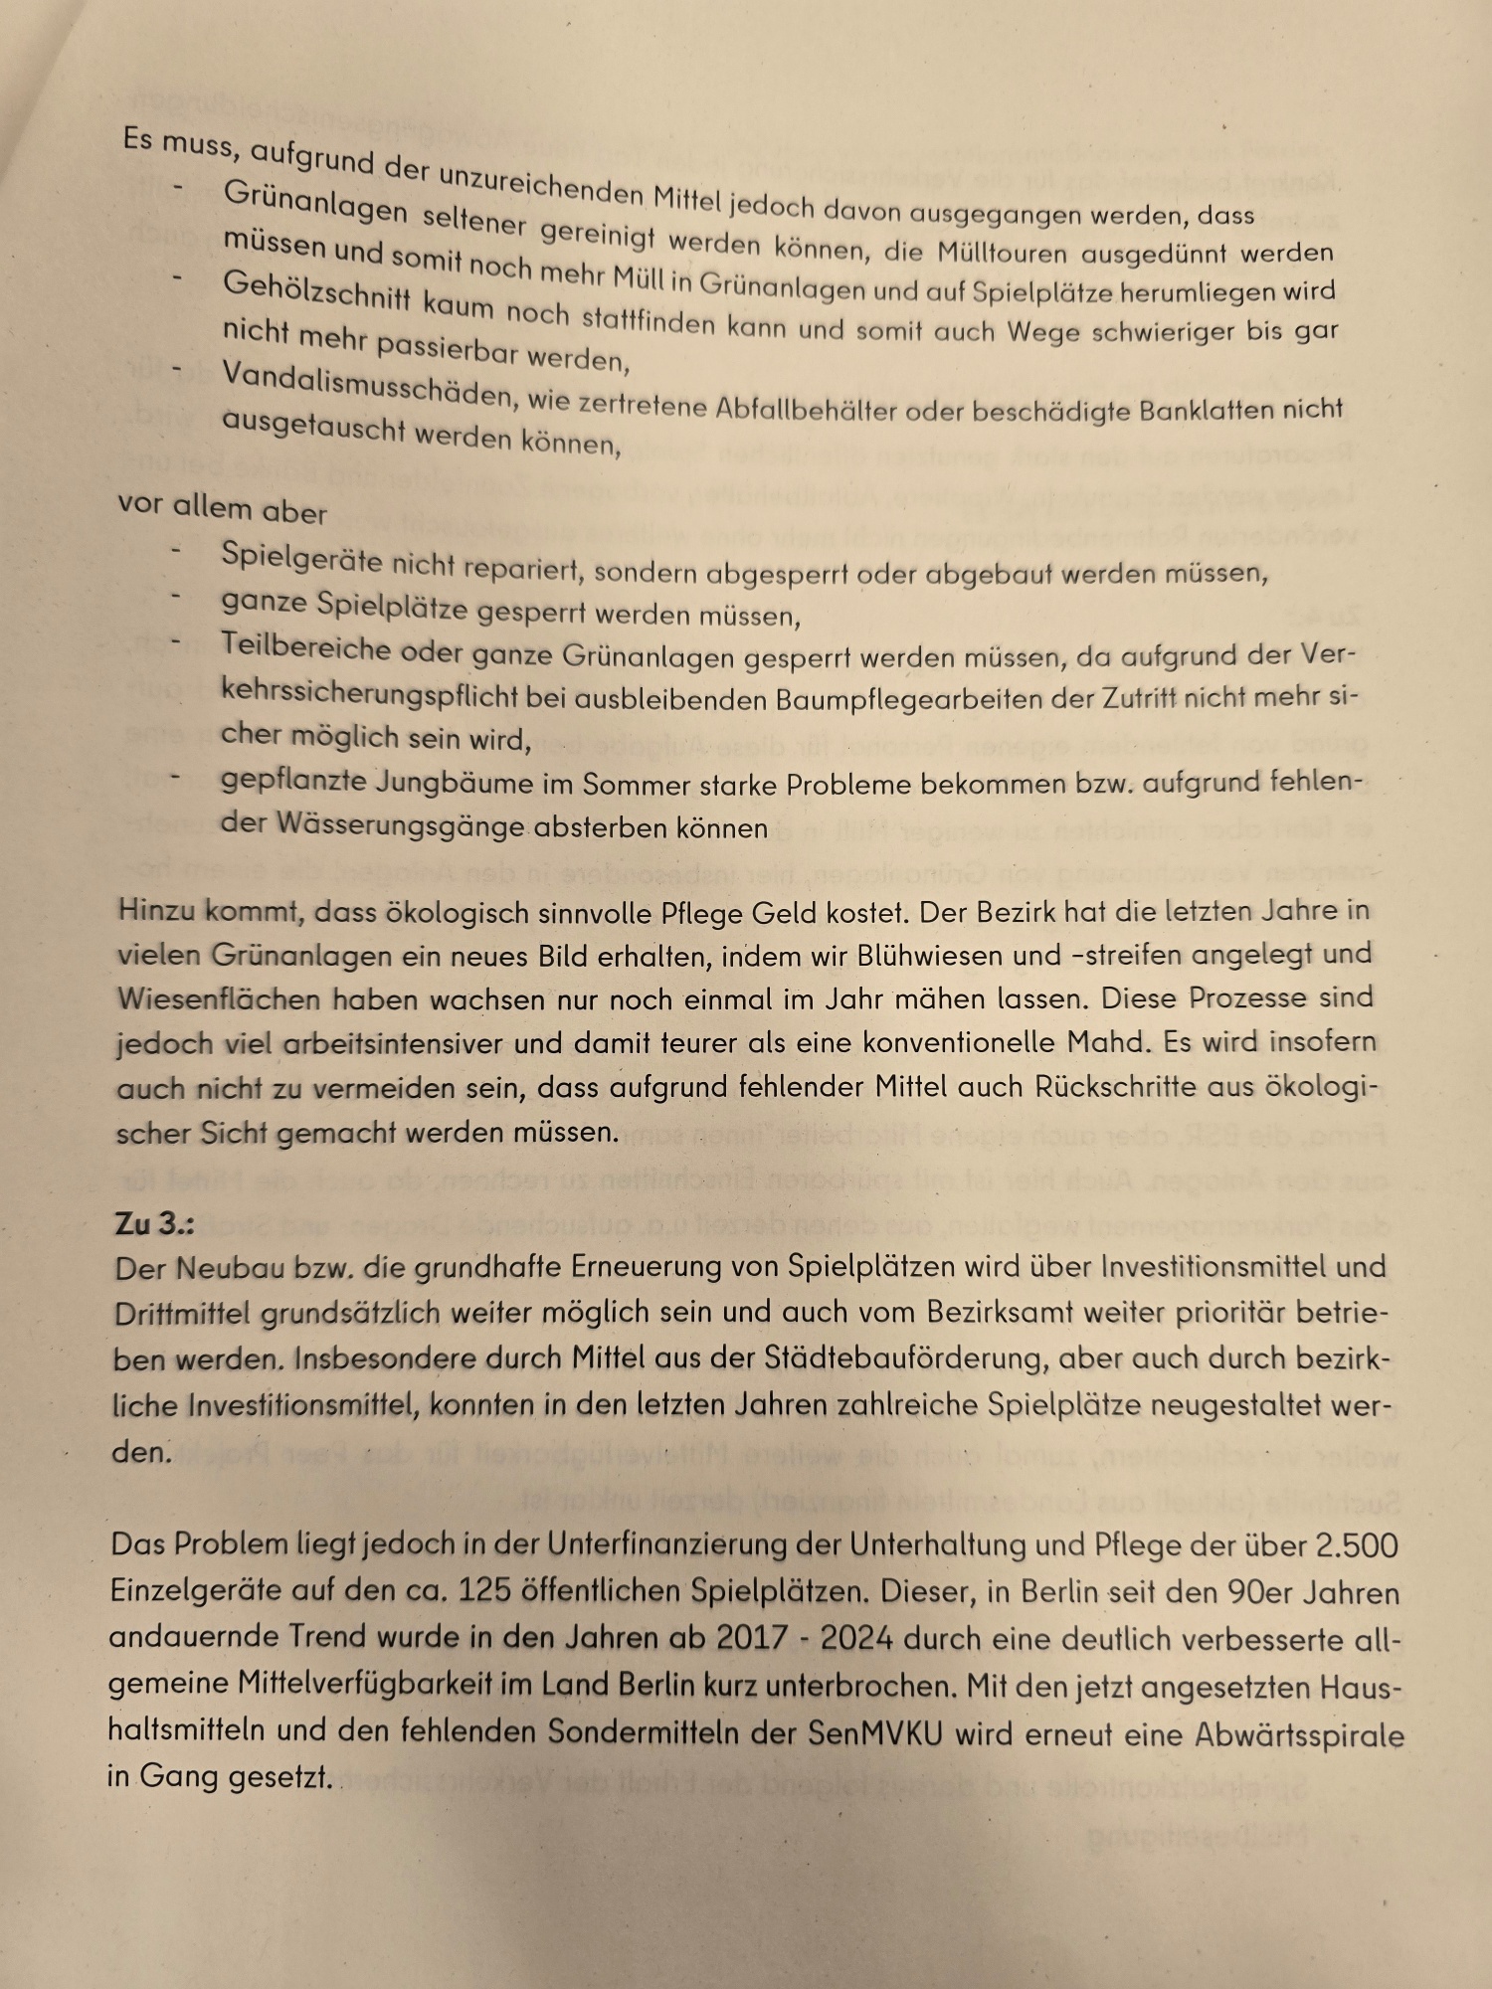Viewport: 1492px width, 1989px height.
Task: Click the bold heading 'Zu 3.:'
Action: (x=154, y=1223)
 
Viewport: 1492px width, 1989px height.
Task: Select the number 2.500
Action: (x=1357, y=1546)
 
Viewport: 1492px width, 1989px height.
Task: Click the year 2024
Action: (x=856, y=1638)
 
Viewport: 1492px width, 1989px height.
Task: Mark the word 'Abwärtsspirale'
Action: (x=1299, y=1736)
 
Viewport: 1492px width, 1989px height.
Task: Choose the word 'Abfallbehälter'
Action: (x=806, y=409)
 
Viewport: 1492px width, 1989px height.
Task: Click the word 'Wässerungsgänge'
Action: (x=400, y=825)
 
